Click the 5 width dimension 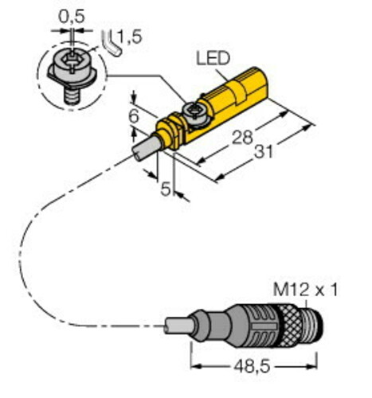[x=166, y=189]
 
